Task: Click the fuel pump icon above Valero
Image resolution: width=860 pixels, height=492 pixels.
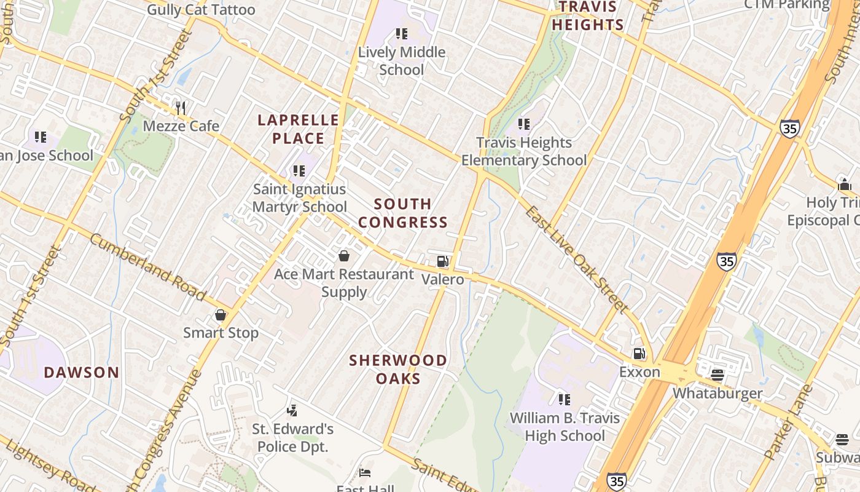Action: point(442,261)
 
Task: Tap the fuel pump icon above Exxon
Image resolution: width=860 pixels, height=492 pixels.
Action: point(639,354)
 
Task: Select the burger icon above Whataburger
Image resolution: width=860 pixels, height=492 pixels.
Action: point(717,375)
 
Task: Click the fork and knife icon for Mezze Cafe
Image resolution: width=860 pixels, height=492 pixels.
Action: point(180,108)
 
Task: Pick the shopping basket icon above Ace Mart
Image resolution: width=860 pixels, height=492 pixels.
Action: point(344,256)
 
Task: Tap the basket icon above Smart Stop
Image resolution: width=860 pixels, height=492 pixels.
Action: point(221,315)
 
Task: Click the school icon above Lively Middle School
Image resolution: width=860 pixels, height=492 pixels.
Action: point(402,34)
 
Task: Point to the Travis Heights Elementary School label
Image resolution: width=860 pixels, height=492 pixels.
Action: point(524,151)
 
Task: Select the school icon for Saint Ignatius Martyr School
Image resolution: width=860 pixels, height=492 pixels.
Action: point(299,171)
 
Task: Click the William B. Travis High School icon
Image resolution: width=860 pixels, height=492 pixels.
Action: point(565,400)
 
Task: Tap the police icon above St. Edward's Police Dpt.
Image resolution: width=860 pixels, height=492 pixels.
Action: point(292,410)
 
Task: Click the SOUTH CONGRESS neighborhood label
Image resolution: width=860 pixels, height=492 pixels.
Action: point(403,213)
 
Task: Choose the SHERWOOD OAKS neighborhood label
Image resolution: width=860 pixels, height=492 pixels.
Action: point(398,369)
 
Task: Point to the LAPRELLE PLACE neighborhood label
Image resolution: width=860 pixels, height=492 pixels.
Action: point(298,129)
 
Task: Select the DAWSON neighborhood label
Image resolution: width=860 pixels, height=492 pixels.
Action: point(82,372)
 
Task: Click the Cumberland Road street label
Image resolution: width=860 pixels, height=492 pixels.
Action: point(147,267)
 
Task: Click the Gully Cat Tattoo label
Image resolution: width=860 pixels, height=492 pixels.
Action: point(201,10)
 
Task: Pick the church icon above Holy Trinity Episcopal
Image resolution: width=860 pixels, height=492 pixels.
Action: point(844,184)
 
